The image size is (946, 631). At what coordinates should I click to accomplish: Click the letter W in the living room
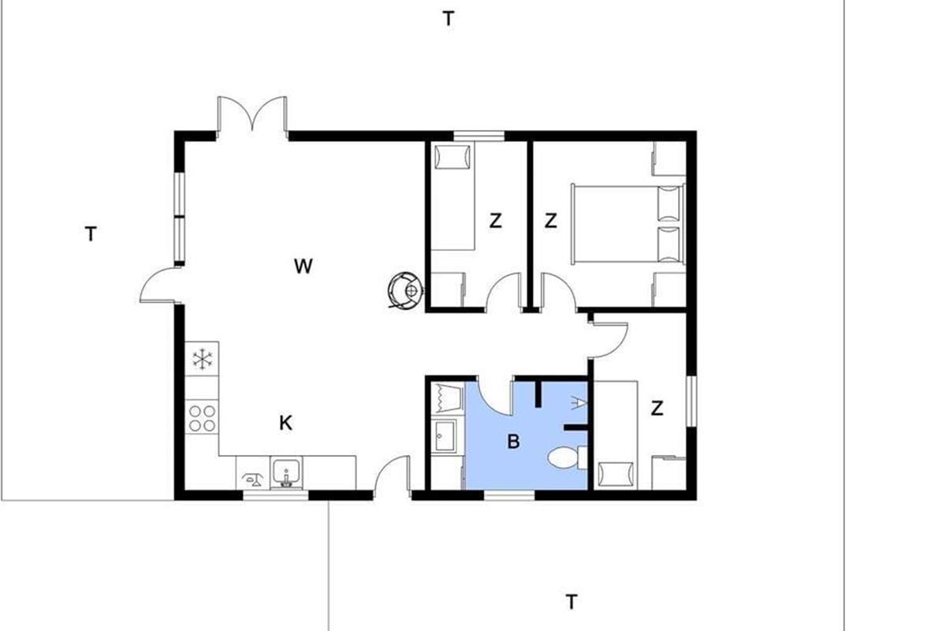pyautogui.click(x=304, y=267)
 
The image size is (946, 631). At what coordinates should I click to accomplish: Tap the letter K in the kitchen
pyautogui.click(x=286, y=423)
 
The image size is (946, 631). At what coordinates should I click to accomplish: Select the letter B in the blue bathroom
pyautogui.click(x=513, y=442)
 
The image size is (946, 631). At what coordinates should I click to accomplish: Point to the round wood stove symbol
pyautogui.click(x=405, y=290)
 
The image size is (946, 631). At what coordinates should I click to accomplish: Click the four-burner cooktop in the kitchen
pyautogui.click(x=202, y=418)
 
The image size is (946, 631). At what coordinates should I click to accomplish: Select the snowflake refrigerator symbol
pyautogui.click(x=203, y=359)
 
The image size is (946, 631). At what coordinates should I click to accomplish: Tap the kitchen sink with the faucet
pyautogui.click(x=286, y=473)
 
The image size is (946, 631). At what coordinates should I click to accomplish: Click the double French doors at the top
pyautogui.click(x=252, y=114)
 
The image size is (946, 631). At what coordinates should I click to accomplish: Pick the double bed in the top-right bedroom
pyautogui.click(x=628, y=223)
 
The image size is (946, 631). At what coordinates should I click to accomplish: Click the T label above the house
pyautogui.click(x=449, y=19)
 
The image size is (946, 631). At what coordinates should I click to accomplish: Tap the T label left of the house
pyautogui.click(x=91, y=233)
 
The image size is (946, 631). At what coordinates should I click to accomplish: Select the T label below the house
pyautogui.click(x=572, y=602)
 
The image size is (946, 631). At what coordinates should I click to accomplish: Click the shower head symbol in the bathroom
pyautogui.click(x=579, y=403)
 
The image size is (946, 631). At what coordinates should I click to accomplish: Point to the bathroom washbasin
pyautogui.click(x=444, y=436)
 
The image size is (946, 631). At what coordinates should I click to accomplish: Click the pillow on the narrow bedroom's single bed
pyautogui.click(x=453, y=157)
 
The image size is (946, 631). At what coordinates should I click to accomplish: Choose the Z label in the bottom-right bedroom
pyautogui.click(x=657, y=409)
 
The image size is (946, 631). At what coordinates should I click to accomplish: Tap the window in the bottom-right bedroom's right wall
pyautogui.click(x=691, y=401)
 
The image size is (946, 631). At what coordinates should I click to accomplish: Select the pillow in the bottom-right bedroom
pyautogui.click(x=616, y=474)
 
